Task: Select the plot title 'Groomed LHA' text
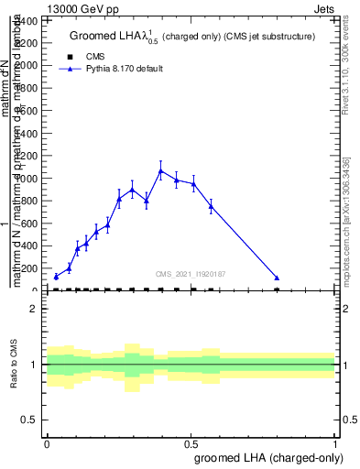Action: (x=107, y=37)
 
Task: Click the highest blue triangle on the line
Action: (x=161, y=170)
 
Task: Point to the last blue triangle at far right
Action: (x=277, y=278)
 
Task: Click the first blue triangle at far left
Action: (x=56, y=276)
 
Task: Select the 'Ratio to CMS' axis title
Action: (x=16, y=365)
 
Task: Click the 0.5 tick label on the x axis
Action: (x=191, y=442)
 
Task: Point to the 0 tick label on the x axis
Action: (x=47, y=442)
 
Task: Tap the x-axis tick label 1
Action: (x=335, y=442)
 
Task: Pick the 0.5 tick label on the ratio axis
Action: (x=30, y=420)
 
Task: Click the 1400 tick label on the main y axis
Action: (x=27, y=43)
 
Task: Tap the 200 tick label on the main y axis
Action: (x=31, y=268)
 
